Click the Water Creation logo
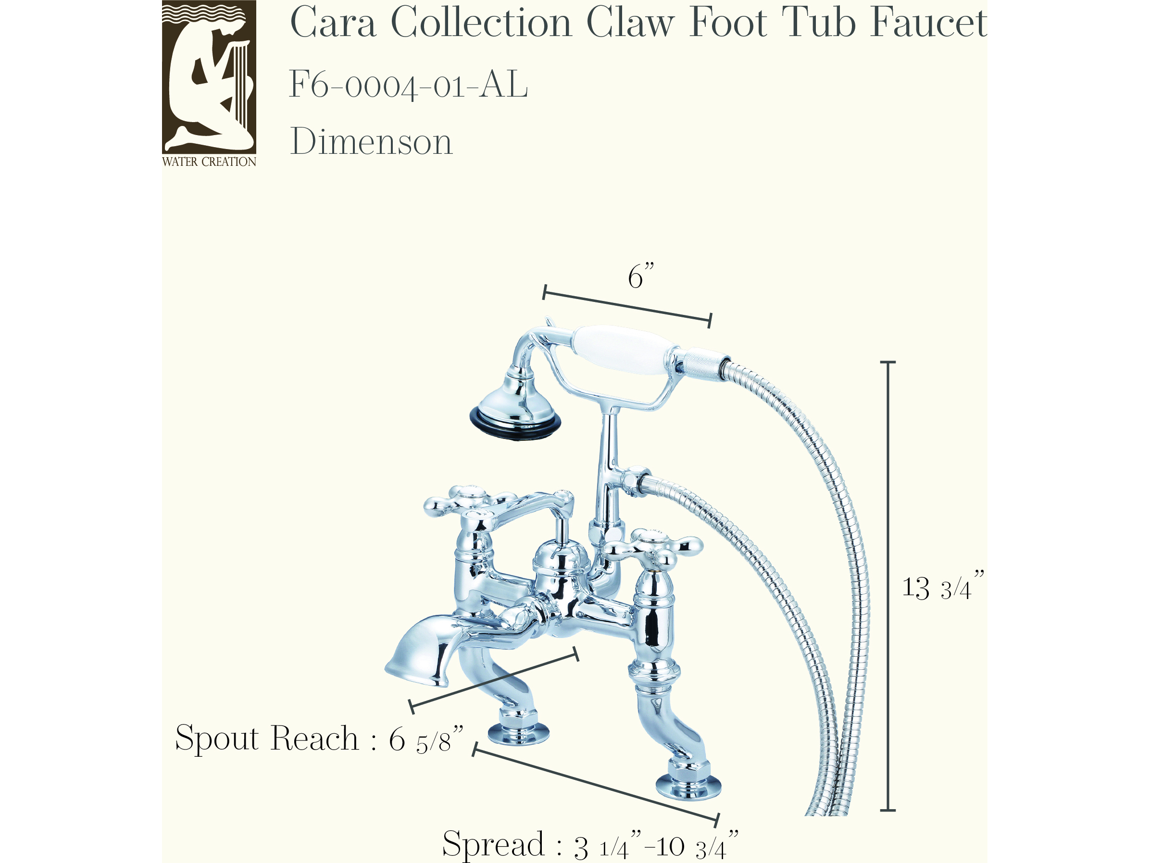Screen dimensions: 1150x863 point(209,83)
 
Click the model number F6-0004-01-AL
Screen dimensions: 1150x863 point(409,84)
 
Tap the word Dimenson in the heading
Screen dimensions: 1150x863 point(371,141)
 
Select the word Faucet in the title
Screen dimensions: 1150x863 point(929,23)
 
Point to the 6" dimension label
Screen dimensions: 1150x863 point(641,275)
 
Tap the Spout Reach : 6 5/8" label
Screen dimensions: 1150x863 point(319,738)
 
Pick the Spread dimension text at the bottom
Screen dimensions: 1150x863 point(590,843)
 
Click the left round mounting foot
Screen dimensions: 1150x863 point(518,733)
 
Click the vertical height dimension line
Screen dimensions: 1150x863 point(887,586)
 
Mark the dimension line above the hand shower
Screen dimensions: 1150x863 point(627,306)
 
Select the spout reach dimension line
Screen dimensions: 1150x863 point(494,680)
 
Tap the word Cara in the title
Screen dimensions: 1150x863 point(333,23)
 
